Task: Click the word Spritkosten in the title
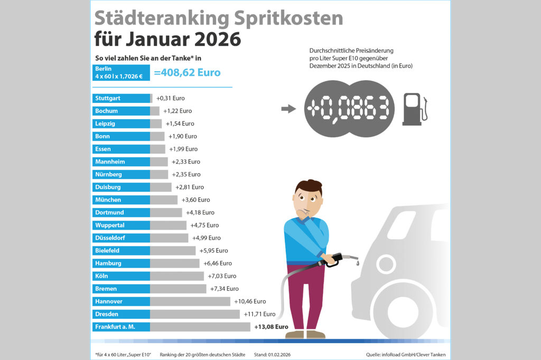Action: [x=286, y=18]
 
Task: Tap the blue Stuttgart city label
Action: [x=121, y=98]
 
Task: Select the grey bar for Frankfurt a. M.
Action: [x=200, y=327]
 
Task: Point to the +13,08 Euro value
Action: [x=271, y=327]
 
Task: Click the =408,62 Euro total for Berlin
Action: [x=187, y=73]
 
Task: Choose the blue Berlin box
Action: [x=121, y=73]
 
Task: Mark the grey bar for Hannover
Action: [x=191, y=301]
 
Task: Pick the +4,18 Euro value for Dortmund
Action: [x=200, y=213]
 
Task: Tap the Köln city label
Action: [x=121, y=276]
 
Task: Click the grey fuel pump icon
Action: [x=414, y=109]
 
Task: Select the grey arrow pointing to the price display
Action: [x=288, y=109]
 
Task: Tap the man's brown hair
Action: [x=307, y=187]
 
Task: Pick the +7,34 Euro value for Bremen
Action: [x=224, y=289]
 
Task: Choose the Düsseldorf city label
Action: [x=121, y=238]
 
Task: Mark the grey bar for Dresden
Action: [x=194, y=314]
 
